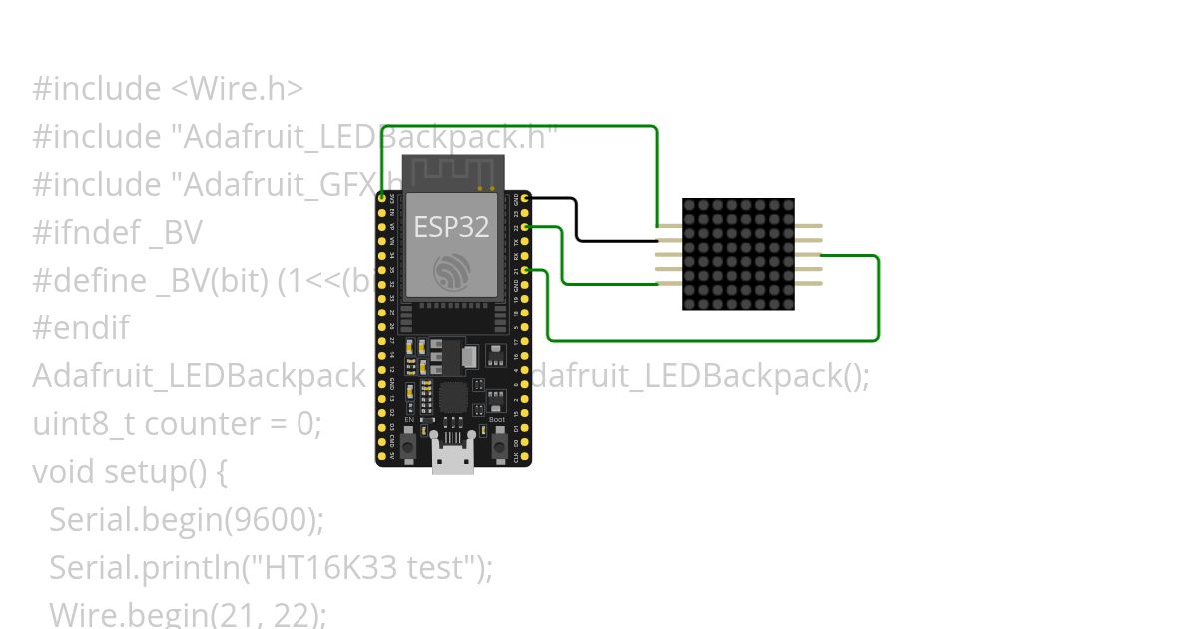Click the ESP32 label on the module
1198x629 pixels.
tap(451, 226)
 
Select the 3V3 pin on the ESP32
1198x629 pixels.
tap(382, 199)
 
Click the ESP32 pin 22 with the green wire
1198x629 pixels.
tap(525, 228)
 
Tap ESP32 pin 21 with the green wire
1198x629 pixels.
tap(525, 271)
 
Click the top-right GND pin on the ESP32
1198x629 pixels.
tap(525, 199)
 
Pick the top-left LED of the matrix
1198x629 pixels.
tap(690, 206)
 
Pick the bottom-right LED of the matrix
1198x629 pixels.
tap(787, 302)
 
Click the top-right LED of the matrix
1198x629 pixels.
tap(787, 206)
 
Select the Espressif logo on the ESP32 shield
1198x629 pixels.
tap(451, 270)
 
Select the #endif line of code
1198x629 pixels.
tap(81, 328)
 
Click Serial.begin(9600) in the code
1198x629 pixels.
tap(187, 520)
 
